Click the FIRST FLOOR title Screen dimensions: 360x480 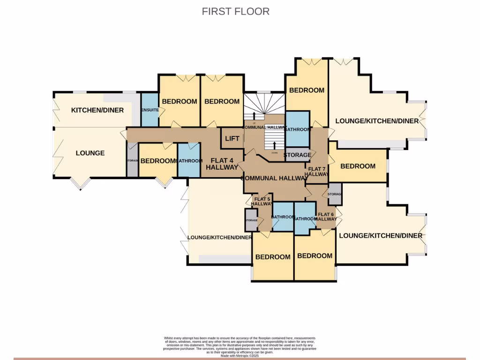pyautogui.click(x=235, y=11)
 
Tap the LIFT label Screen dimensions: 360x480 pyautogui.click(x=232, y=138)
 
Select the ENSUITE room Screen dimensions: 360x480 pyautogui.click(x=150, y=110)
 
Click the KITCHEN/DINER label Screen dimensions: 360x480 pyautogui.click(x=97, y=110)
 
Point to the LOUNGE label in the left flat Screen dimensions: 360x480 pyautogui.click(x=90, y=153)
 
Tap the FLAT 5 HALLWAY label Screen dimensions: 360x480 pyautogui.click(x=262, y=201)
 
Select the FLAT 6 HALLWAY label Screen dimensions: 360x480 pyautogui.click(x=326, y=217)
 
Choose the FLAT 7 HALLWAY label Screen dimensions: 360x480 pyautogui.click(x=317, y=172)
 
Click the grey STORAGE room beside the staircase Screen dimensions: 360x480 pyautogui.click(x=297, y=155)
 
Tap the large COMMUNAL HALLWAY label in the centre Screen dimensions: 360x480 pyautogui.click(x=274, y=178)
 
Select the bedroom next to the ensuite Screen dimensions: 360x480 pyautogui.click(x=179, y=101)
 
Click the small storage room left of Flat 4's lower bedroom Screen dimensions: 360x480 pyautogui.click(x=133, y=161)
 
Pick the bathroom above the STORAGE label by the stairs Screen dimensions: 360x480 pyautogui.click(x=297, y=128)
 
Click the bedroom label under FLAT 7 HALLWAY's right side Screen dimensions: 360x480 pyautogui.click(x=358, y=166)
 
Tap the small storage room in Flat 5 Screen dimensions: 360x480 pyautogui.click(x=251, y=220)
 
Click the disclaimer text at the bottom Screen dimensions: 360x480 pyautogui.click(x=240, y=346)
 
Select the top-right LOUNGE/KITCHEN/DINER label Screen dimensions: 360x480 pyautogui.click(x=376, y=121)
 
